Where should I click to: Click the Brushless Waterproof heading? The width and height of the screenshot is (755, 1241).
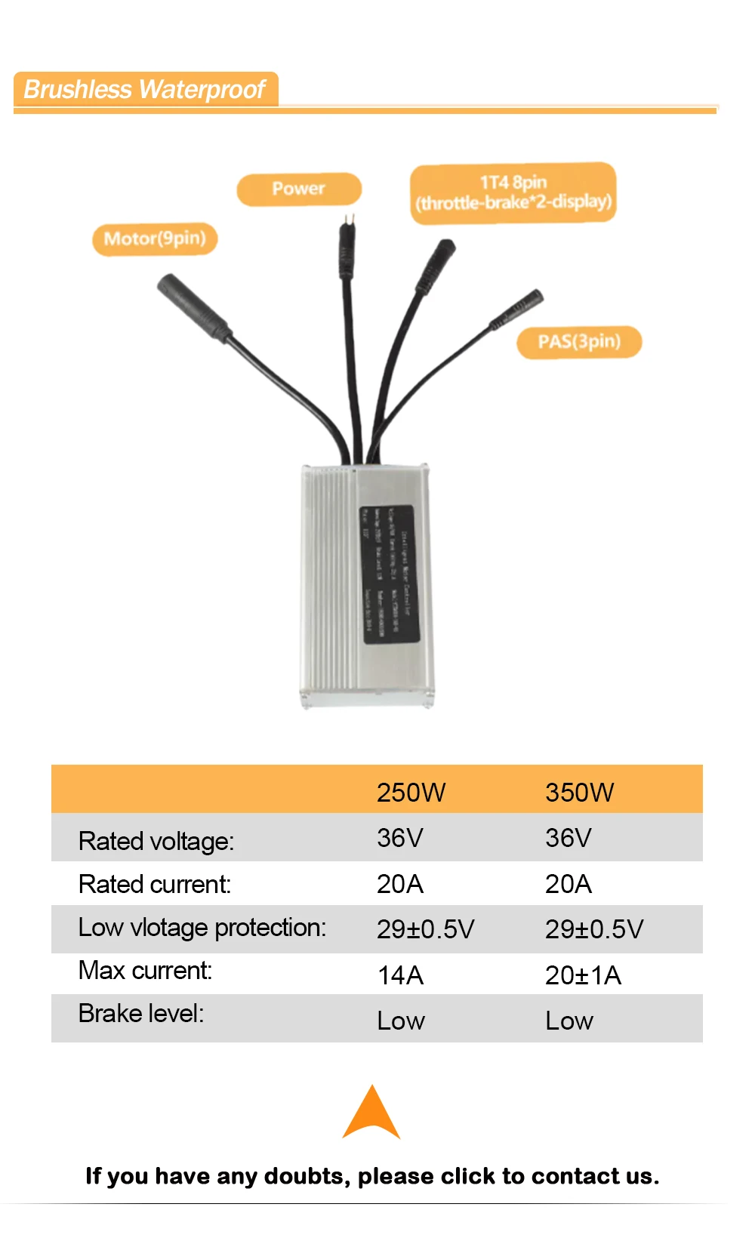pos(144,89)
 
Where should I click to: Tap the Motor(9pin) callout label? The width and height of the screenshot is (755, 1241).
pos(155,239)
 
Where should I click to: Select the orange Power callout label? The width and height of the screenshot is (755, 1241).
pos(299,189)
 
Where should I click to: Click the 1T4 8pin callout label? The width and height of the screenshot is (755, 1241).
pos(513,192)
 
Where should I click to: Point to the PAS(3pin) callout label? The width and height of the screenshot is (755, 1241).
pos(579,342)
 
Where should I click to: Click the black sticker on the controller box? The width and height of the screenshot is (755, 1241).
pos(389,574)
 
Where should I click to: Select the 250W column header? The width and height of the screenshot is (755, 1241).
pos(411,792)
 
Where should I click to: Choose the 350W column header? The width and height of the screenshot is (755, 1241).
pos(579,792)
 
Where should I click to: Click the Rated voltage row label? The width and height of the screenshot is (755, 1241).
pos(156,841)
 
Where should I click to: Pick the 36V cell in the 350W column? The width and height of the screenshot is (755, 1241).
pos(568,838)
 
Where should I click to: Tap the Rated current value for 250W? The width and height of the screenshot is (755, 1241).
pos(399,884)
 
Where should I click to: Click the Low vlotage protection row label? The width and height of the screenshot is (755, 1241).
pos(202,927)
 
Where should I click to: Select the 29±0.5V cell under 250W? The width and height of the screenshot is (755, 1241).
pos(425,929)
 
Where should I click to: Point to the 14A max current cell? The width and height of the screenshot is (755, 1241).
pos(400,975)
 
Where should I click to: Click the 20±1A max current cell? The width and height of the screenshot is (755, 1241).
pos(583,975)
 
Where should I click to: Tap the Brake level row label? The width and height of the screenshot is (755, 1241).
pos(141,1013)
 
